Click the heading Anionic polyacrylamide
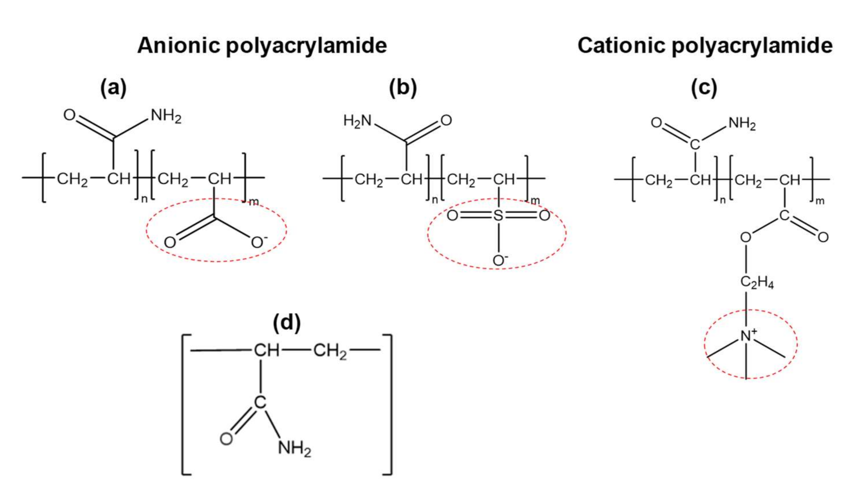[262, 46]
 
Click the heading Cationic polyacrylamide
[705, 46]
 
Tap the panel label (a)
[113, 88]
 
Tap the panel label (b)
[403, 88]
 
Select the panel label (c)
[704, 88]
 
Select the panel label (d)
[287, 322]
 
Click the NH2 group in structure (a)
[166, 116]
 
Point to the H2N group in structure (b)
[357, 121]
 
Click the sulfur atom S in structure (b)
[498, 216]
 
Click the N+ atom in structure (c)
[747, 336]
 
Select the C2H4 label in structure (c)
[757, 282]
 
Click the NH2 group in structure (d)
[294, 448]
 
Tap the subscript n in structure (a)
[144, 199]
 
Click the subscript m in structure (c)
[820, 201]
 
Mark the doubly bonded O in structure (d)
[226, 439]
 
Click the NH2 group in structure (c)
[742, 124]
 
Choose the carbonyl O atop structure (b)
[446, 120]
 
